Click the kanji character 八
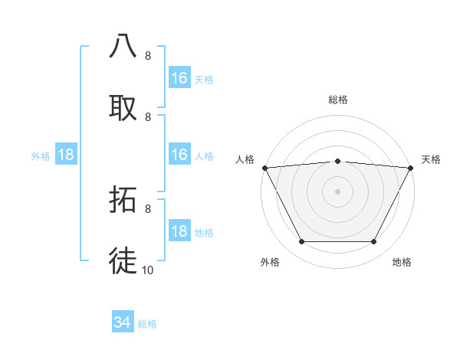click(x=123, y=46)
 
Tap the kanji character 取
click(x=123, y=108)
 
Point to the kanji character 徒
click(x=123, y=260)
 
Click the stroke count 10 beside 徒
click(x=148, y=270)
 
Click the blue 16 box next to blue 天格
click(x=179, y=78)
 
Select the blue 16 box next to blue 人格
click(x=179, y=155)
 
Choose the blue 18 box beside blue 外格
click(x=66, y=155)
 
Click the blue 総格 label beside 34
click(x=147, y=324)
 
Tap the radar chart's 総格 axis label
click(x=337, y=100)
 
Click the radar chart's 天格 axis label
click(x=432, y=159)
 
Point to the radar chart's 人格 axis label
click(x=245, y=159)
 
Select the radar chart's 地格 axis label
click(x=402, y=262)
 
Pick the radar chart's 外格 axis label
click(x=270, y=262)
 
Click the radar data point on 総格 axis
click(x=337, y=161)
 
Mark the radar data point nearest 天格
click(x=411, y=168)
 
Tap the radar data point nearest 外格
click(x=301, y=242)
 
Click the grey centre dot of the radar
click(x=337, y=191)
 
